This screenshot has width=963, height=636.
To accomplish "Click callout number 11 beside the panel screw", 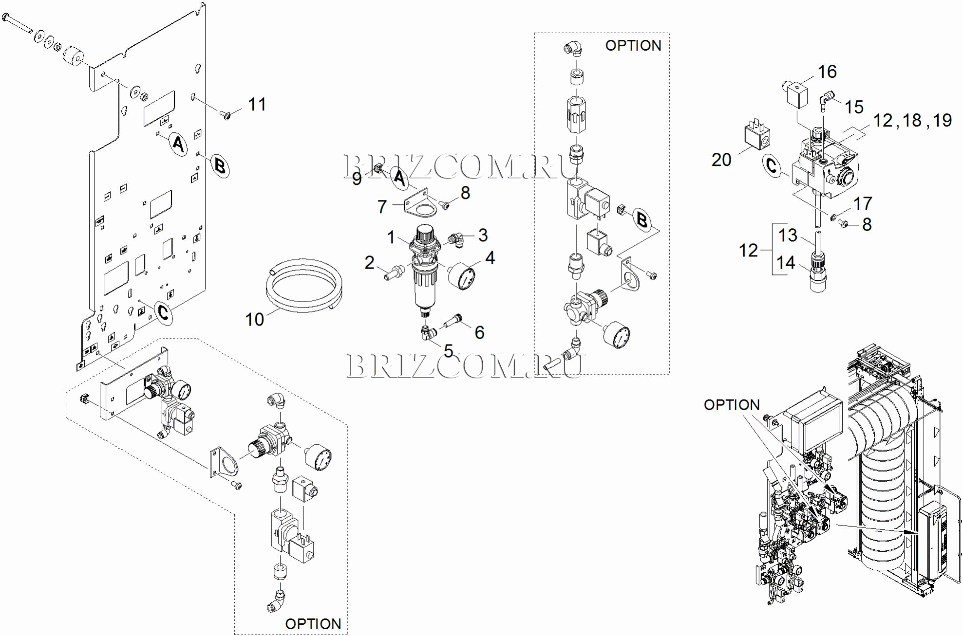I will click(257, 104).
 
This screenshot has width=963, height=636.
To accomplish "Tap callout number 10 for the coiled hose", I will click(254, 319).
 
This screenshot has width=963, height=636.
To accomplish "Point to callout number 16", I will click(827, 72).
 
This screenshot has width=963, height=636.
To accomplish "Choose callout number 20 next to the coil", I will click(721, 160).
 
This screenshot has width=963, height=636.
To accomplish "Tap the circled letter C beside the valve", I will click(772, 165).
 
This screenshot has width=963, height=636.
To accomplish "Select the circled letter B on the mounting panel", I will click(220, 166).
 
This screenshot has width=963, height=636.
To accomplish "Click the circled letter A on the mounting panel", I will click(178, 144).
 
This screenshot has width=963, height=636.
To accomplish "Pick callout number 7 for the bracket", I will click(382, 207).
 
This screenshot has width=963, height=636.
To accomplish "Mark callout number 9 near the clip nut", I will click(357, 179).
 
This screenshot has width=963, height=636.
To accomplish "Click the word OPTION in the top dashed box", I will click(633, 46).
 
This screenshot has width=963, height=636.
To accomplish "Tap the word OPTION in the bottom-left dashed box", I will click(313, 624).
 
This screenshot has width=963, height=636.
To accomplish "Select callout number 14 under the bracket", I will click(786, 263).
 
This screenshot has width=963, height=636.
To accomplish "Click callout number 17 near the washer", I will click(863, 203).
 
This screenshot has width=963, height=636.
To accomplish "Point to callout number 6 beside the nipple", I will click(480, 332).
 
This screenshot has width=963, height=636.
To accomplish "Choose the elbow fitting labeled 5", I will click(428, 333).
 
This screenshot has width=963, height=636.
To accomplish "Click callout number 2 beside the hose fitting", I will click(370, 263).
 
